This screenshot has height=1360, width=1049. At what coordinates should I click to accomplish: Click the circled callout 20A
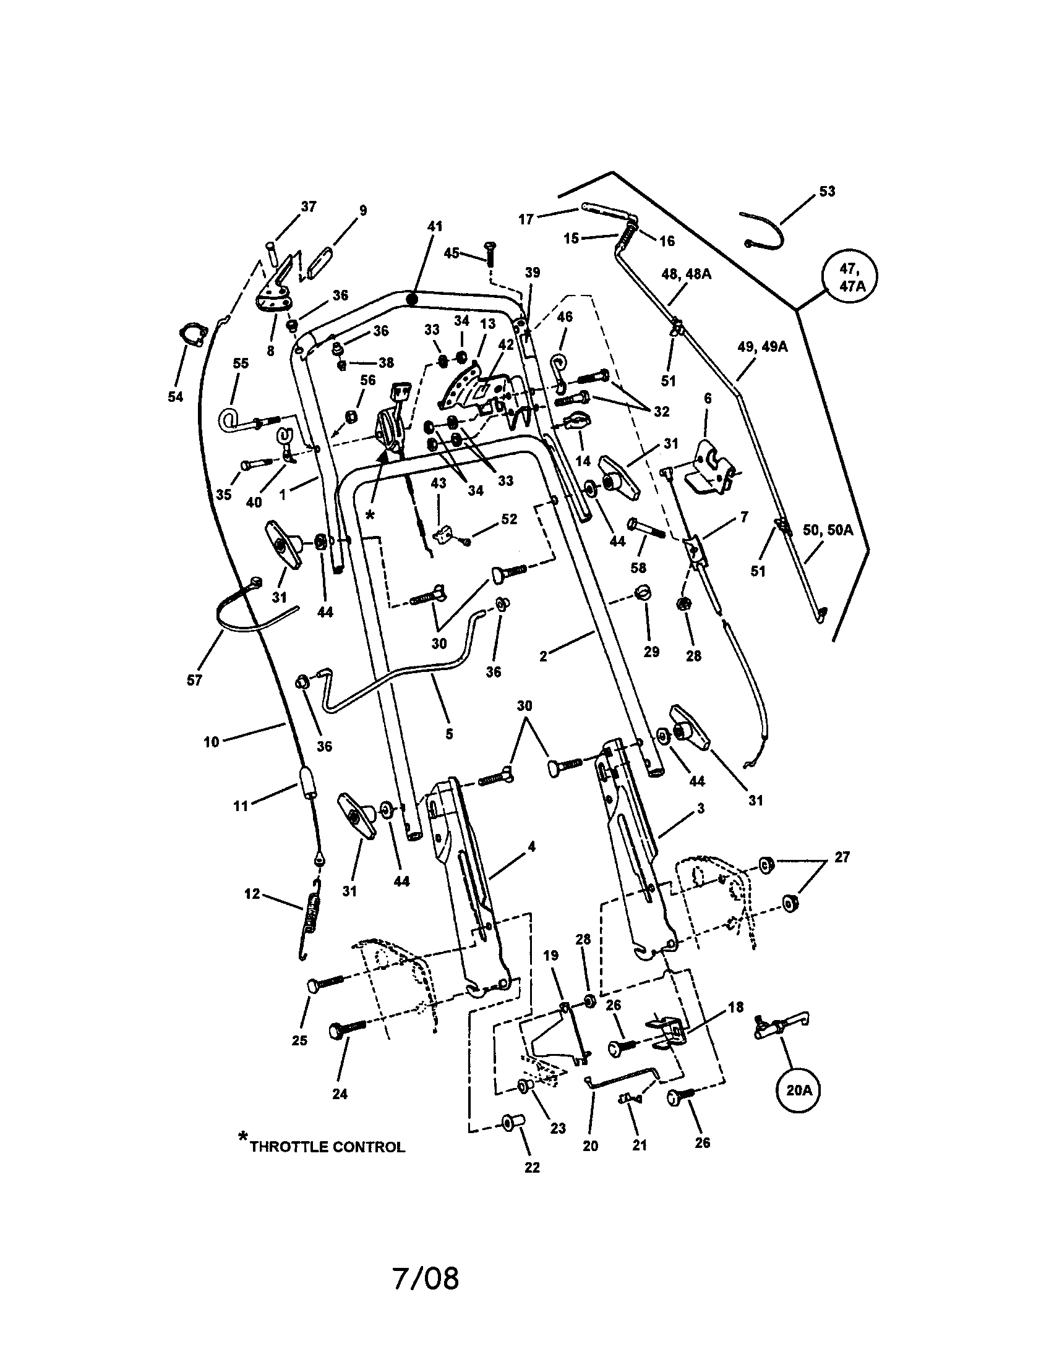coord(798,1090)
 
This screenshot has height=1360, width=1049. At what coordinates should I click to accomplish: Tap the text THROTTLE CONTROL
coord(327,1146)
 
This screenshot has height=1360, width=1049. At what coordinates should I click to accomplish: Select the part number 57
coord(194,680)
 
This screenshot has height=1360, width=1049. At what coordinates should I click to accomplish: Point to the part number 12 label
coord(252,895)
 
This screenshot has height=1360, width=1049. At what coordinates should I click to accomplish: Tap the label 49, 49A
coord(763,347)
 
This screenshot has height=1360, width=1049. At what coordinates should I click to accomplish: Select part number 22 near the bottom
coord(532,1168)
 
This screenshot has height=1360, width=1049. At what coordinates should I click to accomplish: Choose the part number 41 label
coord(434,226)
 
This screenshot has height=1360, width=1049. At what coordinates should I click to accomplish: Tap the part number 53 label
coord(826,191)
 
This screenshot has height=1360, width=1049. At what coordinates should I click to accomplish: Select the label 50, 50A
coord(828,530)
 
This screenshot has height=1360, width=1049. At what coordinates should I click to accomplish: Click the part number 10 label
coord(211,742)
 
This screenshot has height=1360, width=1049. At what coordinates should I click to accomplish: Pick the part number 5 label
coord(449,734)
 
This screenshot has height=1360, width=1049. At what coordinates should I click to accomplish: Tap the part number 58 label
coord(638,567)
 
